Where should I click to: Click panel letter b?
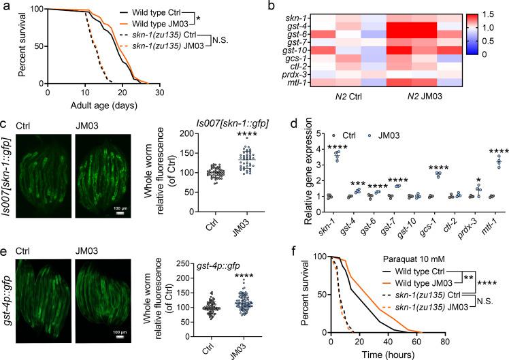(x=268, y=5)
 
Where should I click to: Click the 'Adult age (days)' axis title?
(x=103, y=105)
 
